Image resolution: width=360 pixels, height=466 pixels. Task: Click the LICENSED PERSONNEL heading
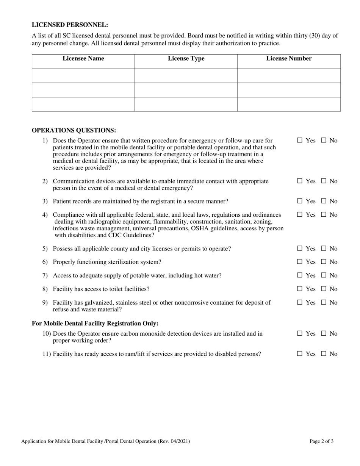(x=70, y=25)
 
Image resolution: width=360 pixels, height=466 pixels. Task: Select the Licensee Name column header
(x=83, y=59)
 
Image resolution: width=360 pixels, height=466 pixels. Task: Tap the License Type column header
(x=186, y=59)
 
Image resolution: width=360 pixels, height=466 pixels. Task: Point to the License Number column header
(x=289, y=59)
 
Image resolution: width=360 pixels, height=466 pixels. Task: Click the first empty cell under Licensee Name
(x=83, y=76)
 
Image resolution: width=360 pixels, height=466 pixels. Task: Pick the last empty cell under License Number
(x=289, y=104)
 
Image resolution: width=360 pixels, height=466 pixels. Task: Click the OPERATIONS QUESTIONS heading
(x=74, y=130)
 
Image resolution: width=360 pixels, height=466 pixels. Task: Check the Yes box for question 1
(x=300, y=141)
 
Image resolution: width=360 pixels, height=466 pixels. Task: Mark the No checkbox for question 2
(x=324, y=181)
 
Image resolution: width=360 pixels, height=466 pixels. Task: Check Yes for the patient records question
(x=300, y=201)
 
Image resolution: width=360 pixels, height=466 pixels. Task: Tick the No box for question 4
(x=324, y=215)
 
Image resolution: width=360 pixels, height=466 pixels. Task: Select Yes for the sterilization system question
(x=300, y=262)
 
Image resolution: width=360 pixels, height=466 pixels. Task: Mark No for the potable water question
(x=324, y=275)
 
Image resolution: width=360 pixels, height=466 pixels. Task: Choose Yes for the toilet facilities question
(x=300, y=289)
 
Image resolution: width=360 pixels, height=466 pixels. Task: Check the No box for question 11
(x=324, y=354)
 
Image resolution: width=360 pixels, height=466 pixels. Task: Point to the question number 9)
(x=45, y=303)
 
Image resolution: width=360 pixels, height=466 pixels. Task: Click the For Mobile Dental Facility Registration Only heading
(x=95, y=324)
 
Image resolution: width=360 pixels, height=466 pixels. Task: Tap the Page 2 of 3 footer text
(x=321, y=441)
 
